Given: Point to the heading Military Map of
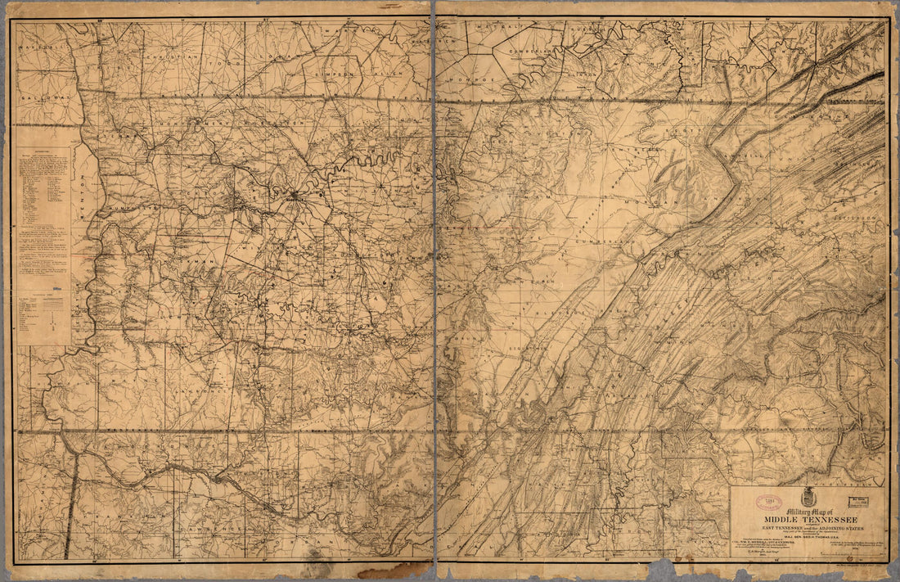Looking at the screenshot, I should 785,510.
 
